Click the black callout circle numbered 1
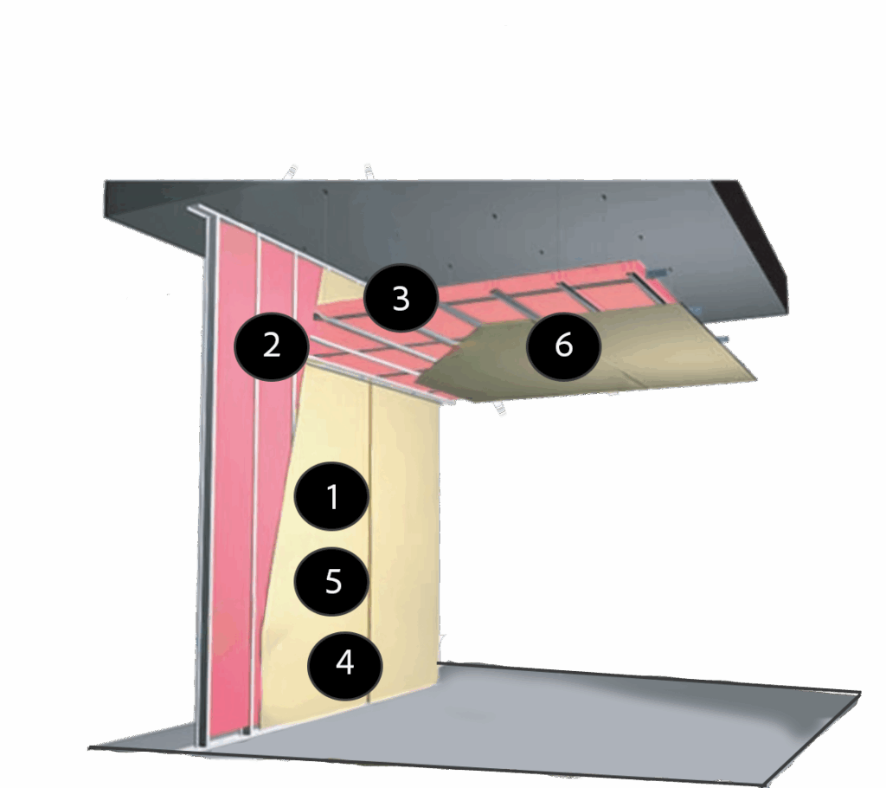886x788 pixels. coord(332,495)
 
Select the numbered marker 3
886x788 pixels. coord(401,298)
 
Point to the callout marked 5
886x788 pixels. coord(333,580)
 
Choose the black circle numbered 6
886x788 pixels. coord(563,345)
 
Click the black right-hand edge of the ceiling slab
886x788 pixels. coord(760,243)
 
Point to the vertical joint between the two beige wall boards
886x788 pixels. coord(370,543)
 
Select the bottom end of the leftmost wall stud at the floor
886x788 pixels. coord(203,746)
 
